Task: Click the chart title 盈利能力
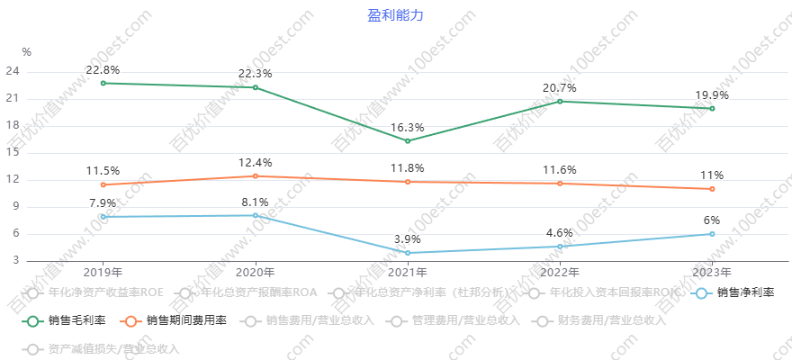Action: tap(395, 15)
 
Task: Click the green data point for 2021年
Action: tap(408, 140)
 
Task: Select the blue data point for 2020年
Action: tap(256, 215)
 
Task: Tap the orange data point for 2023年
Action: tap(712, 189)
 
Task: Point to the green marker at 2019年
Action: tap(103, 83)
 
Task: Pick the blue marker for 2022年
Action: tap(560, 247)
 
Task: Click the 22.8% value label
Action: tap(103, 69)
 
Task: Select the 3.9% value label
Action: tap(408, 238)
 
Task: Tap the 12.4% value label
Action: tap(256, 163)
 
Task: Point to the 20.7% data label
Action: tap(560, 88)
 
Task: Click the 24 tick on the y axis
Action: tap(13, 71)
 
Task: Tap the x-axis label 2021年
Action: tap(408, 272)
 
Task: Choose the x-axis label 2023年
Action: tap(712, 272)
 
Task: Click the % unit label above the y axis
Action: tap(26, 52)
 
